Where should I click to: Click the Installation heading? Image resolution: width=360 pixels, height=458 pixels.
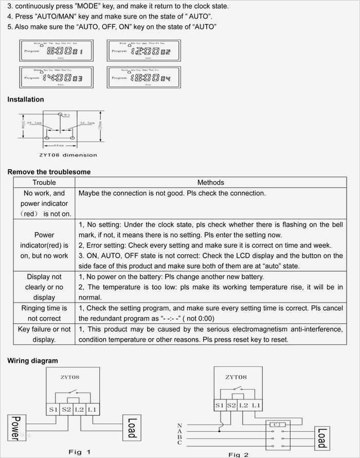[x=26, y=99]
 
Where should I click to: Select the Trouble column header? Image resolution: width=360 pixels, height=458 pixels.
[x=44, y=182]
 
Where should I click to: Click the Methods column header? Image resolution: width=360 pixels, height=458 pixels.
[x=210, y=182]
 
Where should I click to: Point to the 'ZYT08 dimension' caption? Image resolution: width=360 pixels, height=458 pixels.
[x=67, y=154]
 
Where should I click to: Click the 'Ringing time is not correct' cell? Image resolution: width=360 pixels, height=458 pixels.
[x=44, y=313]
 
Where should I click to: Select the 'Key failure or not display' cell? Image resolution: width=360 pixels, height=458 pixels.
[x=44, y=334]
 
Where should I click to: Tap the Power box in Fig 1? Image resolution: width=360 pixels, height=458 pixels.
[x=16, y=428]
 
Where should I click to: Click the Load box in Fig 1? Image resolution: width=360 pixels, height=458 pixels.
[x=131, y=428]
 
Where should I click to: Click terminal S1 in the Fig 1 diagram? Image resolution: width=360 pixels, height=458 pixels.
[x=53, y=409]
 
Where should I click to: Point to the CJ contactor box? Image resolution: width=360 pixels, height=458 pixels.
[x=276, y=425]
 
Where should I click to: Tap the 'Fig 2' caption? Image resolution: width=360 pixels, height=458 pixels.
[x=239, y=454]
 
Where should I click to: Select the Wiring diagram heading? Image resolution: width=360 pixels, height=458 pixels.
[x=32, y=361]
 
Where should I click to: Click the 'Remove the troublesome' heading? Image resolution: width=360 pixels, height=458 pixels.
[x=49, y=171]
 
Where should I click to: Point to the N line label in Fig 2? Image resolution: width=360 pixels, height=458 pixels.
[x=179, y=425]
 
